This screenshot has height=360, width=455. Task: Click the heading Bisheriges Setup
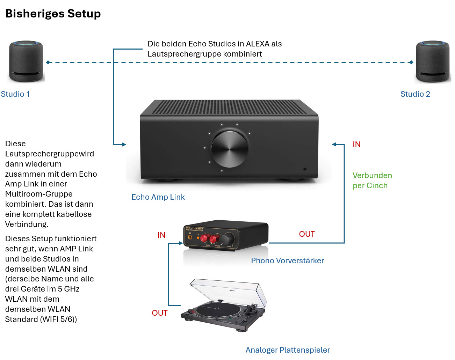point(53,14)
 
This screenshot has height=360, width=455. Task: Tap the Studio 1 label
point(15,94)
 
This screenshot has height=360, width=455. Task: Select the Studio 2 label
point(415,94)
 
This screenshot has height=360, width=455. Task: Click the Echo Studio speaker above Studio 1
point(26,61)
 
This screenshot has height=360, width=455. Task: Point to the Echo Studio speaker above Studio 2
point(433,62)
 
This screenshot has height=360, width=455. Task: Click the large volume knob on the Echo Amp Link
point(230,148)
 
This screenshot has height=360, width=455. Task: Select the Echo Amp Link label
point(158,197)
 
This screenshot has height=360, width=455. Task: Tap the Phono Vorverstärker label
point(287,261)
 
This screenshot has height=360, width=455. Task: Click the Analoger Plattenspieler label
point(288,350)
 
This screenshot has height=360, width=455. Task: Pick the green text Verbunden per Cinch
point(372,181)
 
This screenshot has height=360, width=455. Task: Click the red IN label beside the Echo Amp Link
point(356,145)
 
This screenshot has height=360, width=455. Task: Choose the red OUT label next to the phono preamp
point(307,234)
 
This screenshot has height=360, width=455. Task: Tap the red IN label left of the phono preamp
point(161,235)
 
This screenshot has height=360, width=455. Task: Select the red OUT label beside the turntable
point(160,313)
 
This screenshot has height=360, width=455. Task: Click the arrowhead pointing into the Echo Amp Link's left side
point(124,144)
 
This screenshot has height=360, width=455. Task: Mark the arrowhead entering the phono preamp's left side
point(181,243)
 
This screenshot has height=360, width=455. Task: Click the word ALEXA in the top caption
point(258,44)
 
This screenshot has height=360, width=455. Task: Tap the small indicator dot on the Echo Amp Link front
point(305,169)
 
